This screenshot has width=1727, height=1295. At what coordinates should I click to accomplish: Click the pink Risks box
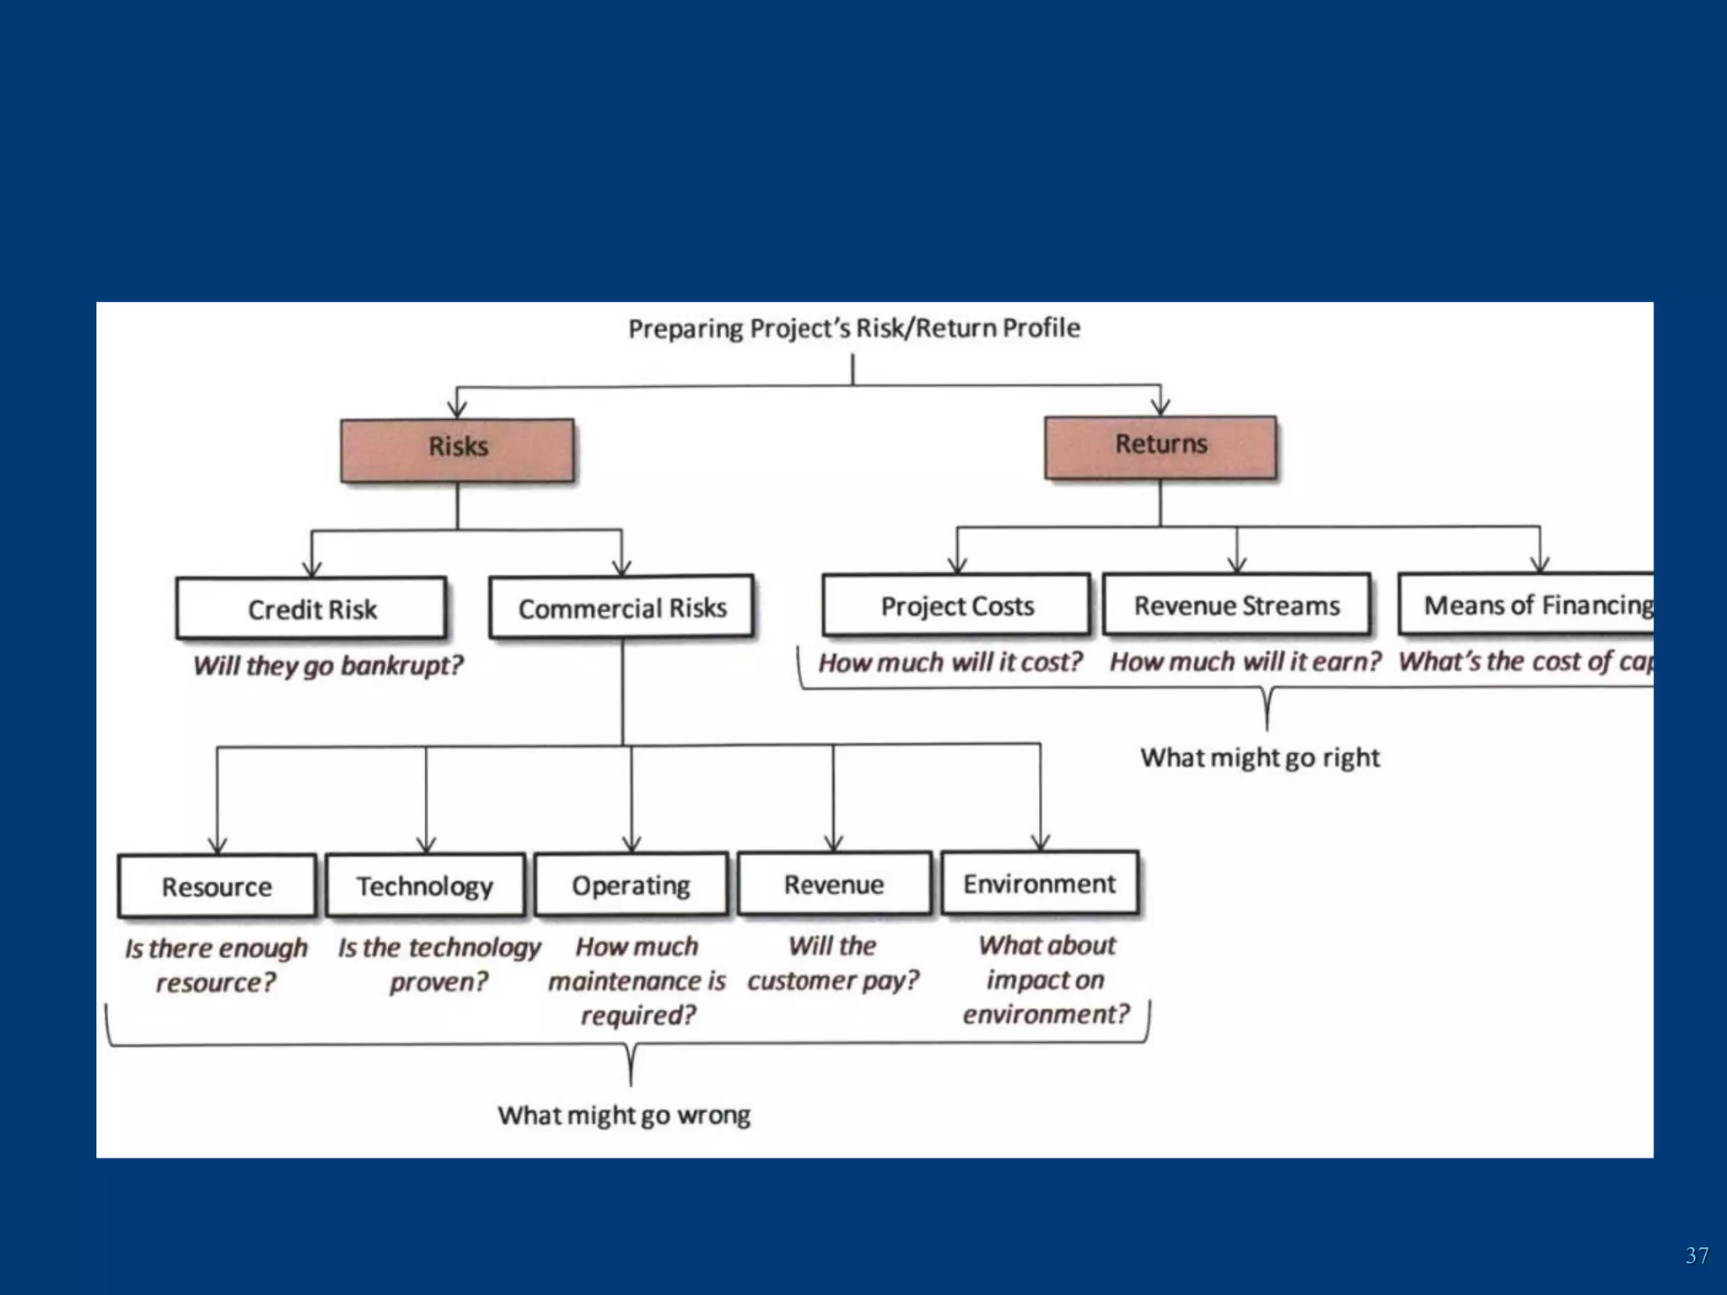(457, 449)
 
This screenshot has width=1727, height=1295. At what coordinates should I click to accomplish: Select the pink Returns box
(1160, 447)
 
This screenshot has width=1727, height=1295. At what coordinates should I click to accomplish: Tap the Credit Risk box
(311, 608)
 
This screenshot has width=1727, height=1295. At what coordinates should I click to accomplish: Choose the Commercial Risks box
(621, 607)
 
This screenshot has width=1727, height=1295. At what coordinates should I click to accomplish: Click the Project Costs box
(956, 605)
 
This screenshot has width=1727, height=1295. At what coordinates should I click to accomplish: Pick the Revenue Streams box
(1236, 605)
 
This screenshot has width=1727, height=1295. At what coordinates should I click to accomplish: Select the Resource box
(217, 886)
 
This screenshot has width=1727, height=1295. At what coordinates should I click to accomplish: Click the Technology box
(425, 885)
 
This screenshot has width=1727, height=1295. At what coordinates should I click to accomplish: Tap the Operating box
(631, 884)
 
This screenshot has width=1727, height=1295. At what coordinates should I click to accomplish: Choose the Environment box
(1039, 883)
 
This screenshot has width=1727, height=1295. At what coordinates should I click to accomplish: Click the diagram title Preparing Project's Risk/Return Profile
(853, 327)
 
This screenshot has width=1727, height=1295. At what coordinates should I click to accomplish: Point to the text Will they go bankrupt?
(327, 665)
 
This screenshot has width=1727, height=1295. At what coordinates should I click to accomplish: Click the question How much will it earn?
(1245, 662)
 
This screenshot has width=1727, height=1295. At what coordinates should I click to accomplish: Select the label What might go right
(1260, 757)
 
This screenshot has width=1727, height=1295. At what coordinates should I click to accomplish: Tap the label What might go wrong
(623, 1115)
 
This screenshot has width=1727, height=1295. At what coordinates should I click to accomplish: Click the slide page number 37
(1697, 1255)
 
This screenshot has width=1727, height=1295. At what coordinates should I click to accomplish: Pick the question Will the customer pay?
(833, 963)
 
